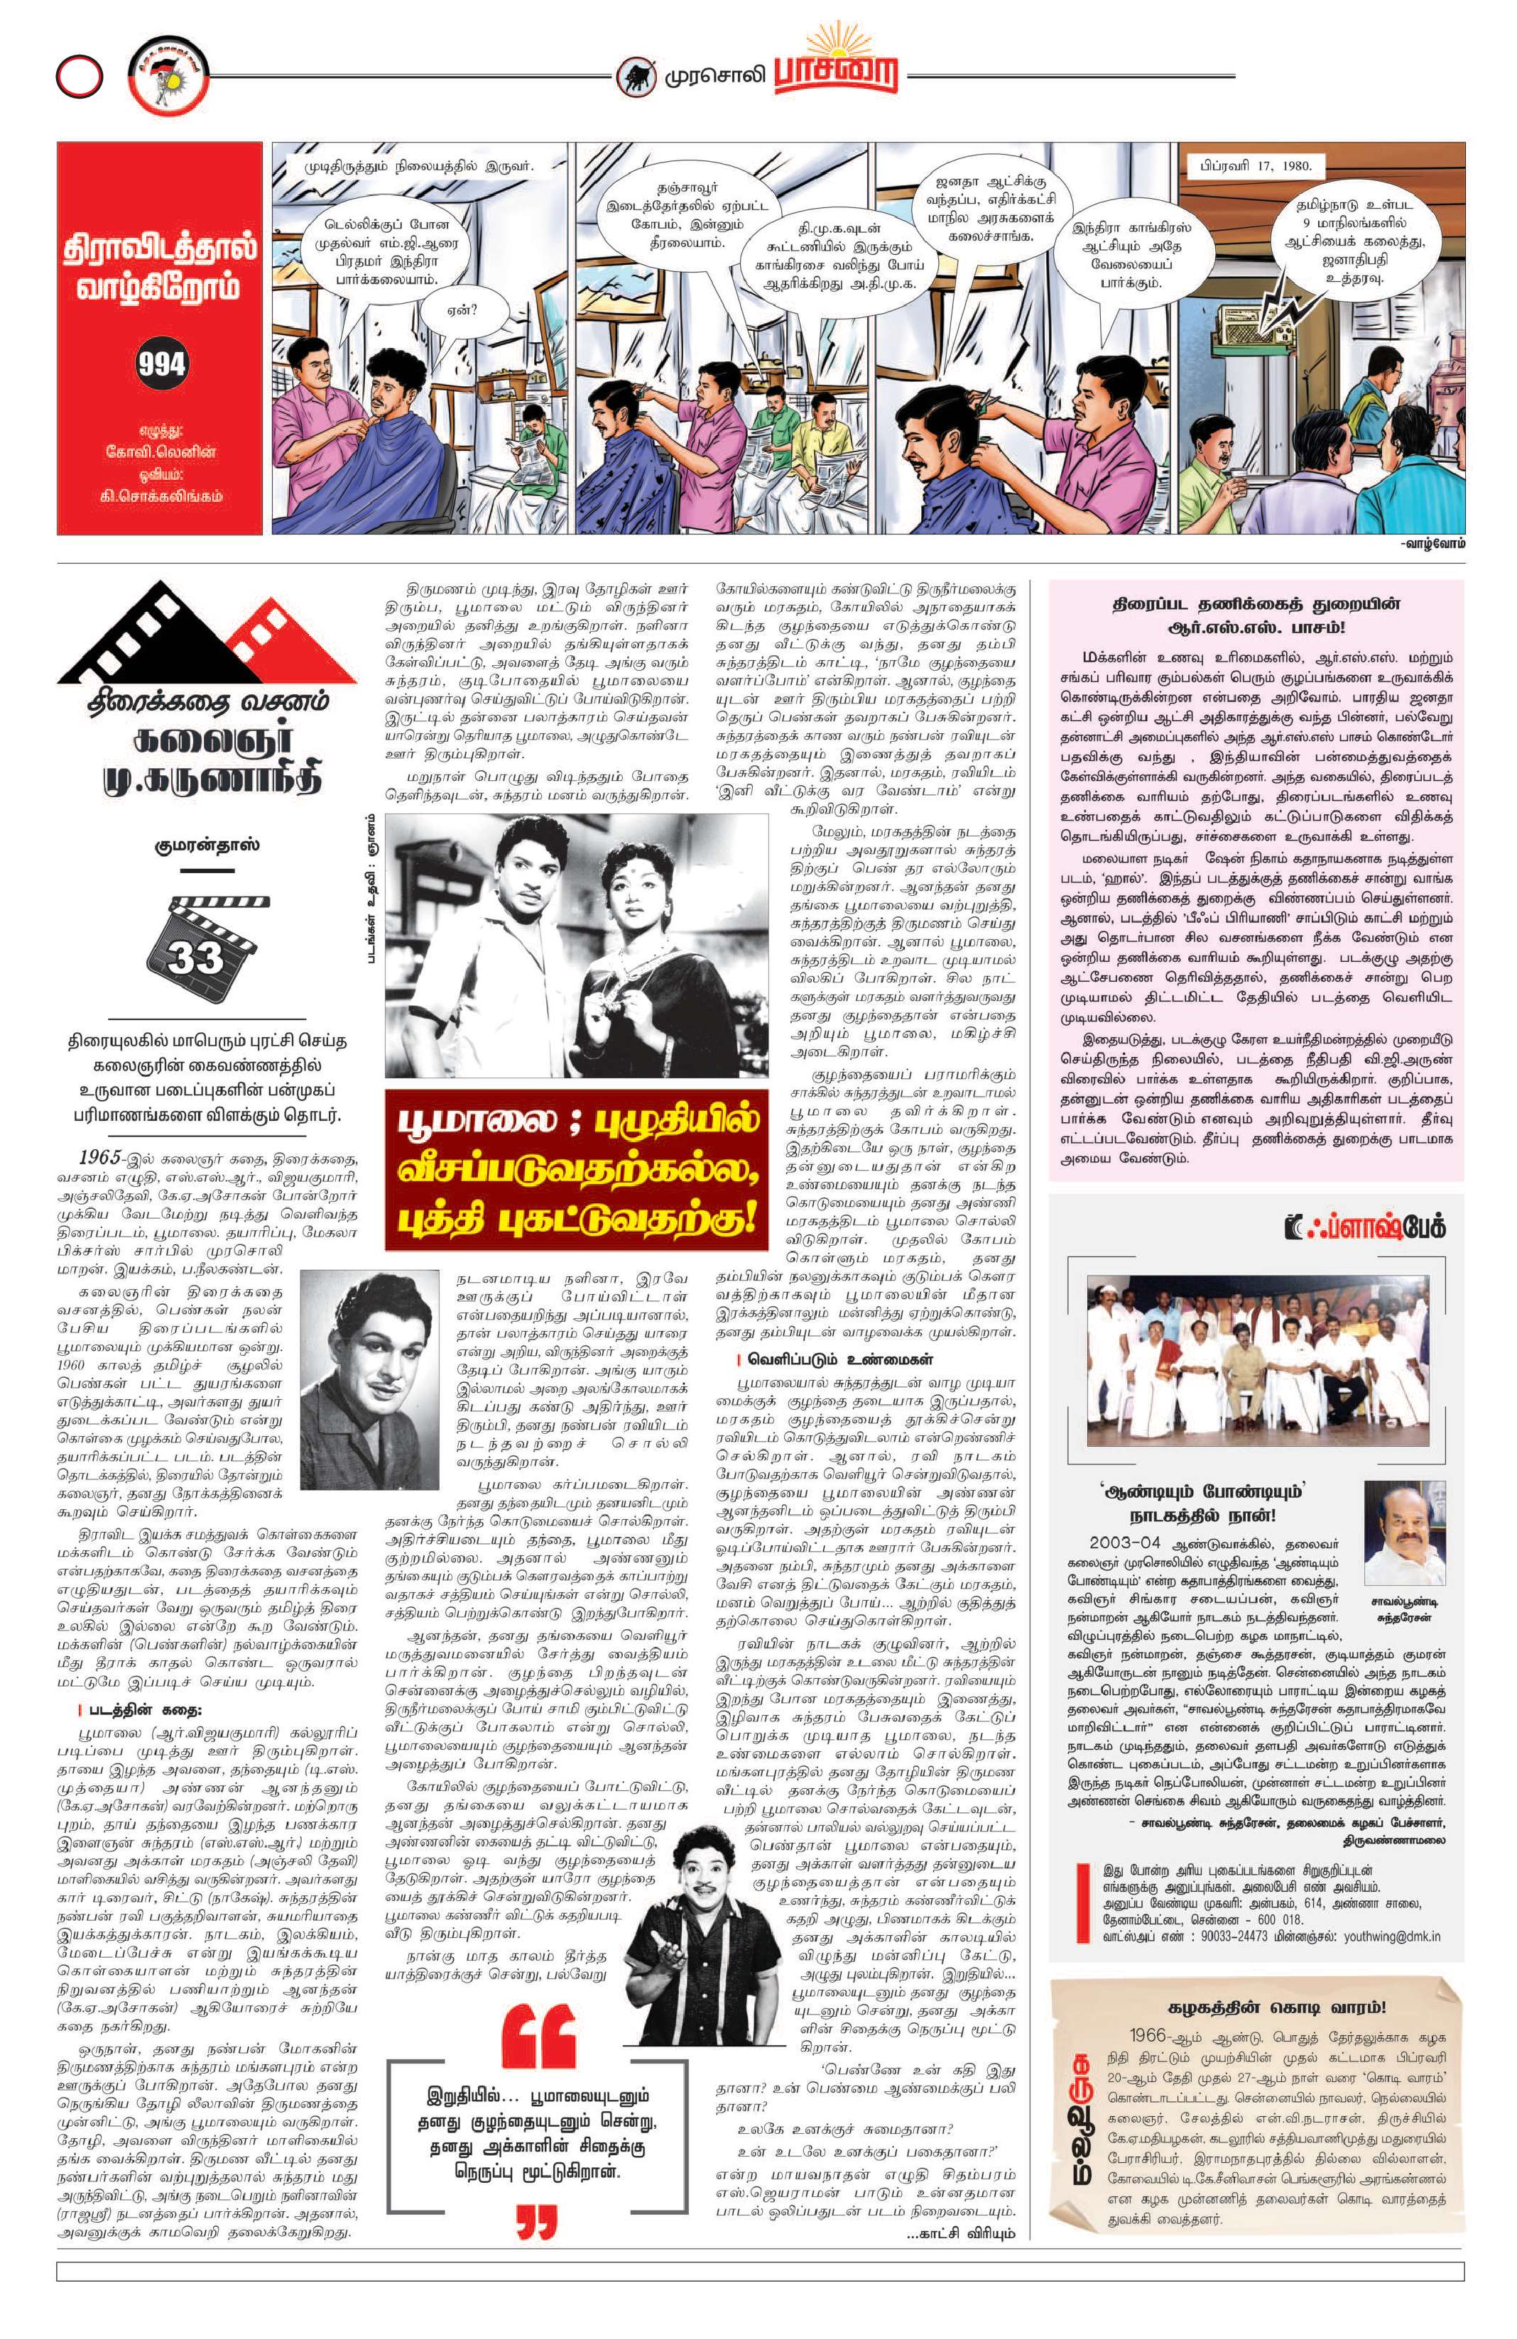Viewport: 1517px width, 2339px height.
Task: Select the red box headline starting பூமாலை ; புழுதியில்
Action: tap(578, 1173)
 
